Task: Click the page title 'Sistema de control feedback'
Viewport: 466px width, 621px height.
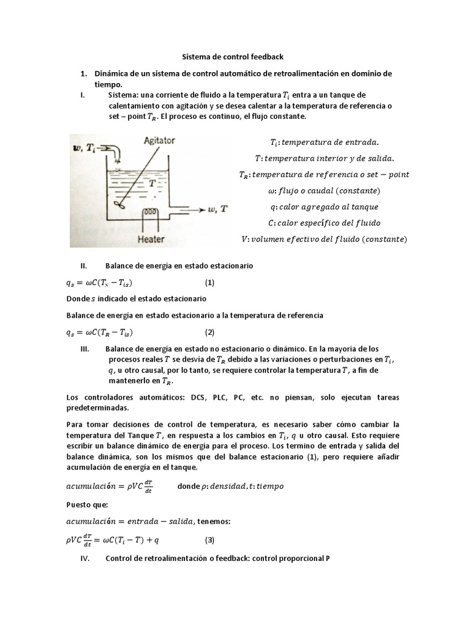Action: coord(233,57)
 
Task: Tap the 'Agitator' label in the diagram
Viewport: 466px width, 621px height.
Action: coord(159,140)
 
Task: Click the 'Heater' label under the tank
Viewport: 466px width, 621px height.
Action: coord(151,239)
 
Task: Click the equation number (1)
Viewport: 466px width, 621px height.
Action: coord(209,283)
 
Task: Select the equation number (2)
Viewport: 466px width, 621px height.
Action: coord(209,332)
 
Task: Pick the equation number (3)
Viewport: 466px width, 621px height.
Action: coord(209,540)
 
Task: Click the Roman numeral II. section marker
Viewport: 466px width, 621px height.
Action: coord(84,266)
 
